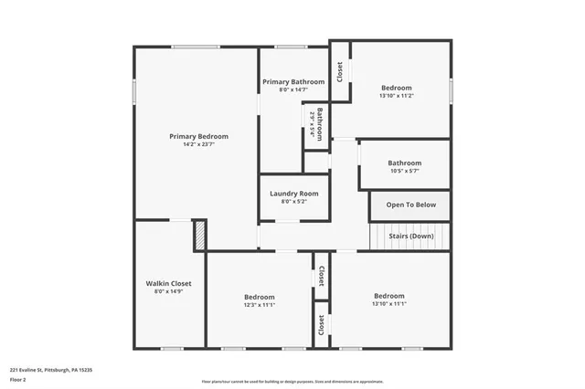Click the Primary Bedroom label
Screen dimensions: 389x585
[x=198, y=136]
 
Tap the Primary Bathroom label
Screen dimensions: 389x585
[x=293, y=82]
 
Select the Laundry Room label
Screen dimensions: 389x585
[x=293, y=194]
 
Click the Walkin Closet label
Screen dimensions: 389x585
[x=168, y=284]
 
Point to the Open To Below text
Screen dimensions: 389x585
[x=410, y=205]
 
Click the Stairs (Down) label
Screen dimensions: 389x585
[x=410, y=236]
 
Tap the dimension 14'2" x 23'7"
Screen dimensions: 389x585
[x=198, y=144]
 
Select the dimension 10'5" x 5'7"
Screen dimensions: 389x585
[x=404, y=171]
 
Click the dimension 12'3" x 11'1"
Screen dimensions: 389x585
[x=260, y=305]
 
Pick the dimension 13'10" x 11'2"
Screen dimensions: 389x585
[x=397, y=96]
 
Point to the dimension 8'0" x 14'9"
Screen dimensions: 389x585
[x=168, y=292]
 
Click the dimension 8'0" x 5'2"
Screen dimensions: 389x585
[x=293, y=202]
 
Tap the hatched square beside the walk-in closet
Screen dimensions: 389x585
[x=199, y=236]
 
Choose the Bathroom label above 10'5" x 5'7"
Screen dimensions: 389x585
[x=404, y=163]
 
